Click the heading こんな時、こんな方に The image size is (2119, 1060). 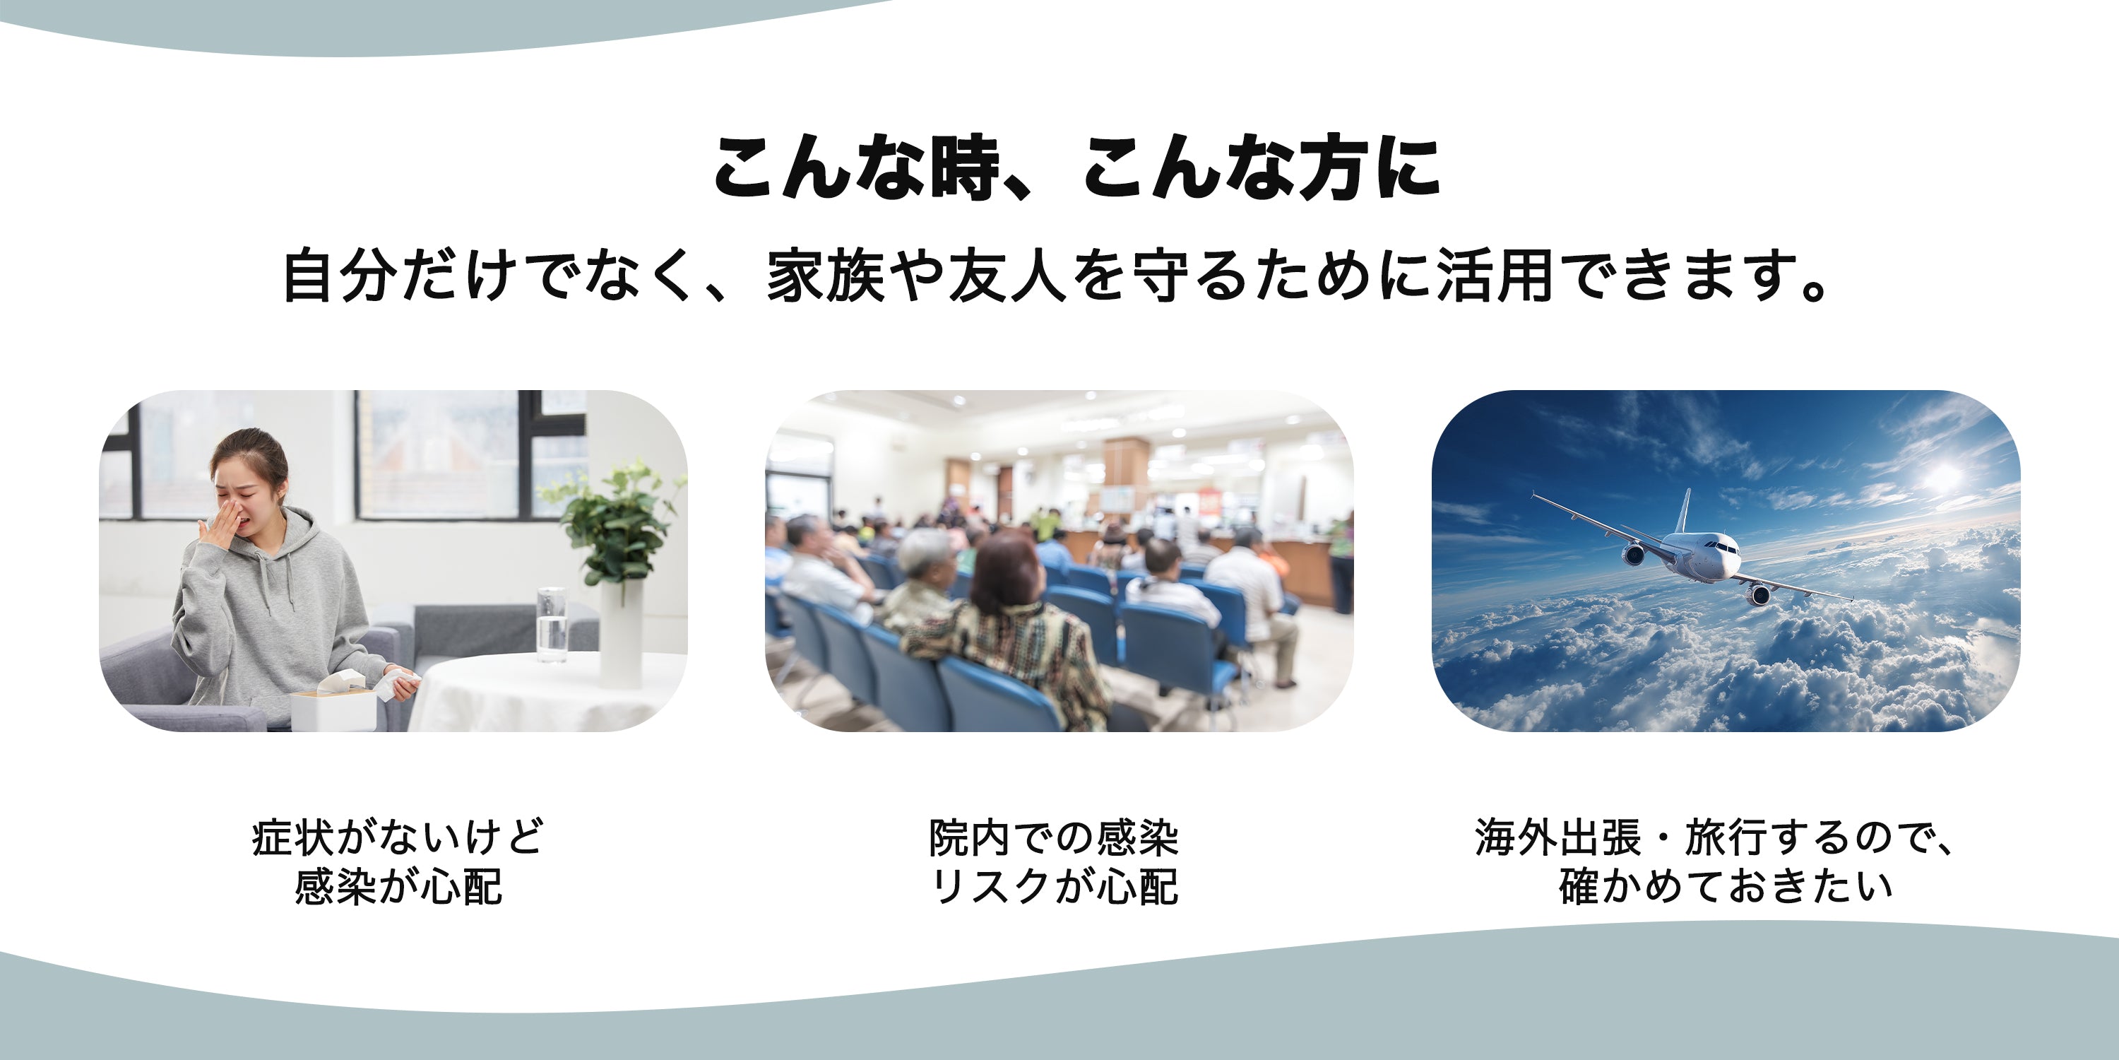(1076, 168)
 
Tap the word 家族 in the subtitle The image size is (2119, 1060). (825, 275)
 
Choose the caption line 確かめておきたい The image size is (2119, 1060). (1726, 886)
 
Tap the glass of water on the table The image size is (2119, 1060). (551, 625)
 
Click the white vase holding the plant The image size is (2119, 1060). (621, 634)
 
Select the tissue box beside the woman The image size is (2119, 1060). (333, 706)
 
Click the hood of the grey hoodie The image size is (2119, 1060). (296, 535)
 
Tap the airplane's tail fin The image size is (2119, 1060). (1684, 511)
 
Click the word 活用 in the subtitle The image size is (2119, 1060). (1495, 275)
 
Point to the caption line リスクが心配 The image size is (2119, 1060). (1054, 886)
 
